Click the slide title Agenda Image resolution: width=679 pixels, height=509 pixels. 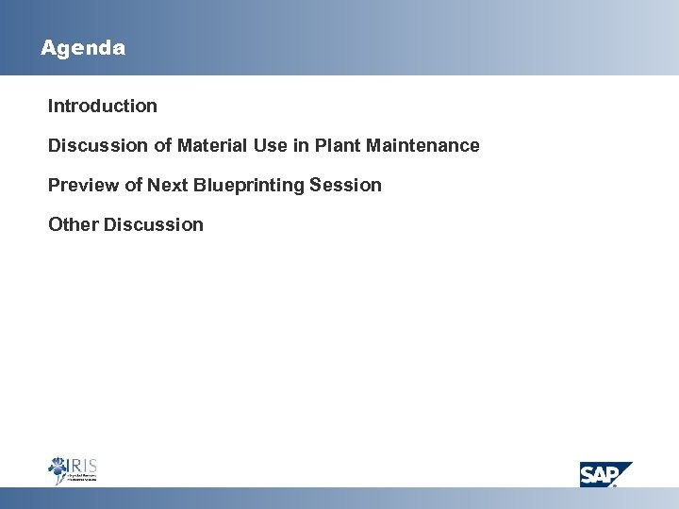(83, 47)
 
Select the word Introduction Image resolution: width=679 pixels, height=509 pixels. (103, 106)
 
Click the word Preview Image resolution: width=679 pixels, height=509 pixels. (82, 185)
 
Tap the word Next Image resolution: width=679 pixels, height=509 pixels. (167, 185)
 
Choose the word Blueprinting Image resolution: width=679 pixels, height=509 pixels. (252, 186)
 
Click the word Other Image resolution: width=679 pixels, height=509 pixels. (74, 224)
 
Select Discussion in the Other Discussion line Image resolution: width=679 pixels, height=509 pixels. (154, 224)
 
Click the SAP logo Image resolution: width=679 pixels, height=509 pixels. (604, 474)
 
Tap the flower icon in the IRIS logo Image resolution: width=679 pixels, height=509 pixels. (58, 469)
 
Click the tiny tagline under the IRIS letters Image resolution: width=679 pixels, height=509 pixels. (82, 478)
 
